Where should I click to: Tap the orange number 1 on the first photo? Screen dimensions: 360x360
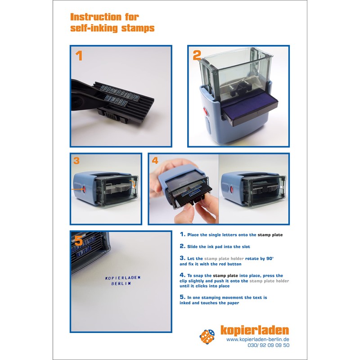point(79,56)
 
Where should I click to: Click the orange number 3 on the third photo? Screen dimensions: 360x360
point(76,161)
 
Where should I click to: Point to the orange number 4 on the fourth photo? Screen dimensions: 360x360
point(155,161)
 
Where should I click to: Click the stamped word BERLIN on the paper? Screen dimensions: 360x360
point(121,284)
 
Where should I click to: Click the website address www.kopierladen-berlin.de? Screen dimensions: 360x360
point(257,339)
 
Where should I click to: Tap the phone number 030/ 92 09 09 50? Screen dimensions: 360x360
point(268,346)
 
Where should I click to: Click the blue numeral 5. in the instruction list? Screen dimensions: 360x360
point(182,297)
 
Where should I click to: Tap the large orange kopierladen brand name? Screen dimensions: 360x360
point(254,330)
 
